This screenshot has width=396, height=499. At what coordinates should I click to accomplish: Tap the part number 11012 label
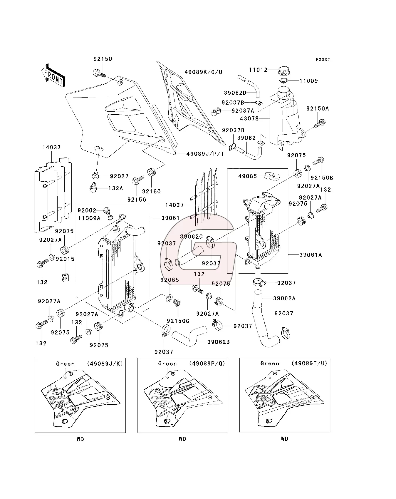click(x=258, y=70)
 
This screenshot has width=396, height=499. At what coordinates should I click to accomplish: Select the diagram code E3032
click(x=323, y=60)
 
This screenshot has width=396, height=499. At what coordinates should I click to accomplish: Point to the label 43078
click(x=249, y=118)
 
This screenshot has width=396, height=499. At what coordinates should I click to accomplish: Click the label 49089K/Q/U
click(x=204, y=72)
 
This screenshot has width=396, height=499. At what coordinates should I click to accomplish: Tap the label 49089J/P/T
click(x=205, y=153)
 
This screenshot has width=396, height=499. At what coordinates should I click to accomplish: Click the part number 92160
click(x=151, y=191)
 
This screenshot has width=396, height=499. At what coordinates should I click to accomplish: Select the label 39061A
click(x=311, y=255)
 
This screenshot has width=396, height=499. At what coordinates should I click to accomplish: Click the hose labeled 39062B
click(x=188, y=337)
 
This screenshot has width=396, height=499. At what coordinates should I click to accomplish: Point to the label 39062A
click(x=284, y=298)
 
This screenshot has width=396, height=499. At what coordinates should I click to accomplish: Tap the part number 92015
click(x=65, y=259)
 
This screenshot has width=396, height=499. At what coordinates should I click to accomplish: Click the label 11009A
click(x=89, y=218)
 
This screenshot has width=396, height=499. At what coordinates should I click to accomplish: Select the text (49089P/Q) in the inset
click(x=207, y=364)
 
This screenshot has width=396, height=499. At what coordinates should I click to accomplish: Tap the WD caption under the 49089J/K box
click(x=80, y=439)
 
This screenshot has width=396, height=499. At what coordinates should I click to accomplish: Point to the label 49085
click(x=247, y=176)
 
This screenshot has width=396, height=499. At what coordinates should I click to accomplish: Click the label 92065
click(x=170, y=279)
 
